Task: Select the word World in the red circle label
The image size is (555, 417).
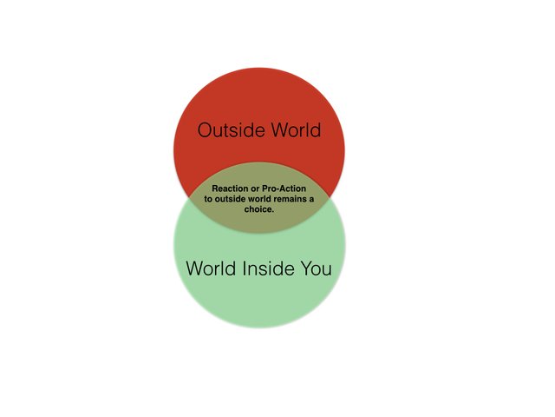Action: (296, 129)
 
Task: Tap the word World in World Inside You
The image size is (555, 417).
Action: (211, 268)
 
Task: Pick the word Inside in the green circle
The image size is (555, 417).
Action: (268, 268)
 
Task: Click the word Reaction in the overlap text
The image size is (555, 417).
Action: (230, 189)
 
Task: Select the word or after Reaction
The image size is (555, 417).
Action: (255, 189)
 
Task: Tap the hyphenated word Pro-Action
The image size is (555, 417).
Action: (284, 189)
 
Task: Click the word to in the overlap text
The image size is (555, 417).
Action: (208, 199)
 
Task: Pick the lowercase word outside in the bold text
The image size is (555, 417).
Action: (230, 199)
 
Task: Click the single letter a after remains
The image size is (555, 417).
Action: (311, 199)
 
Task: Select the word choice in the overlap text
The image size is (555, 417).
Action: (259, 209)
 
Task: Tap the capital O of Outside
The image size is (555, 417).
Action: (205, 129)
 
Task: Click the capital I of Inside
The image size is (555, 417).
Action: (245, 268)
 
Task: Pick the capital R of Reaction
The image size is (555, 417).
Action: (215, 189)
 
